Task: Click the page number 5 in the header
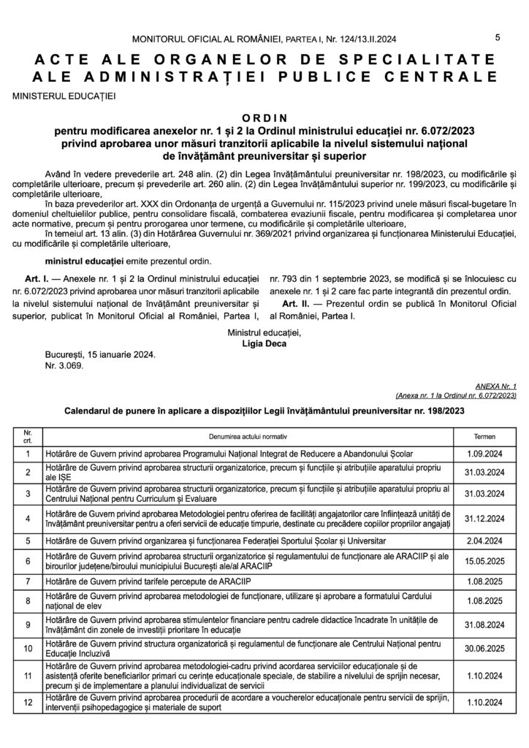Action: [497, 38]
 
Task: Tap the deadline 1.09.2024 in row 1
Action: [484, 454]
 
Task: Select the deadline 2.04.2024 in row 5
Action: [484, 541]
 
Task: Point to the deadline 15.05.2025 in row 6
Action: [484, 561]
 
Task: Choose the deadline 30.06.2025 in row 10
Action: [484, 648]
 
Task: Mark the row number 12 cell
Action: [28, 703]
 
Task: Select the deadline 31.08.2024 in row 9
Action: [484, 625]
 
